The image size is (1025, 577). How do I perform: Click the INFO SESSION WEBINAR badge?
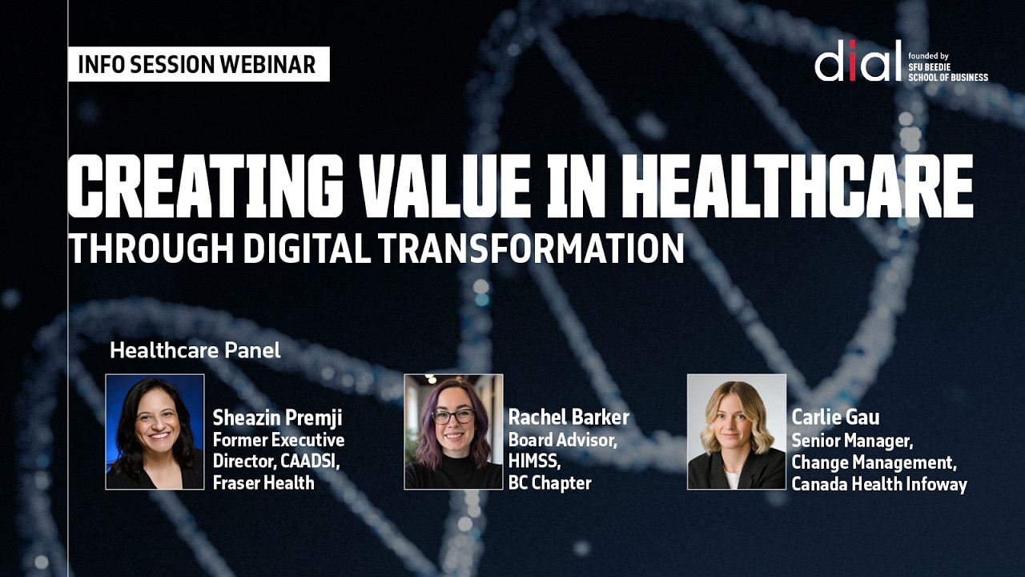(198, 65)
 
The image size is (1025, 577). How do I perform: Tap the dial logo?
(858, 61)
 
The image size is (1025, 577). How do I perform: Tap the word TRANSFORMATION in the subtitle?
(531, 249)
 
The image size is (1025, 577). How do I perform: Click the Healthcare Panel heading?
(195, 350)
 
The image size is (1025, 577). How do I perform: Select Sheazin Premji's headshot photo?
(155, 431)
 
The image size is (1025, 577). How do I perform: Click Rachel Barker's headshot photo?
(453, 431)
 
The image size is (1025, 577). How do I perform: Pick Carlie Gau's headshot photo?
(737, 431)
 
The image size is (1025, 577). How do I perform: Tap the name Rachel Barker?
(569, 418)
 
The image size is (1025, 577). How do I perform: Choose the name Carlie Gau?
(835, 418)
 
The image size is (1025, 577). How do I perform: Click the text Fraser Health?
(263, 482)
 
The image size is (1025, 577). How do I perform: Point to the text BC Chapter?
(549, 482)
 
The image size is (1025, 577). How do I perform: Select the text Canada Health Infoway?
(879, 484)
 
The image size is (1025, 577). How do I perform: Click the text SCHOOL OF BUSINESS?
(948, 77)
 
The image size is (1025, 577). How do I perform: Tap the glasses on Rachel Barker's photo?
(453, 417)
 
